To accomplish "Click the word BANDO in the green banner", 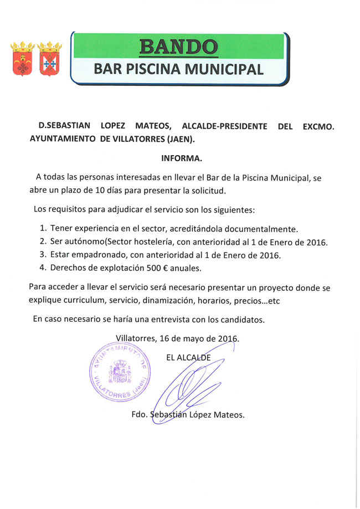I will click(178, 47).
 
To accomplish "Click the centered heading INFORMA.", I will click(182, 158).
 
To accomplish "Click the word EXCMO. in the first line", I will click(318, 126).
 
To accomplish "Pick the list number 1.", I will click(43, 228).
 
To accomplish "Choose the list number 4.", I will click(43, 268).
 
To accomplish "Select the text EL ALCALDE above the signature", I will click(188, 357).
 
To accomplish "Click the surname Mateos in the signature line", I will click(229, 415).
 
